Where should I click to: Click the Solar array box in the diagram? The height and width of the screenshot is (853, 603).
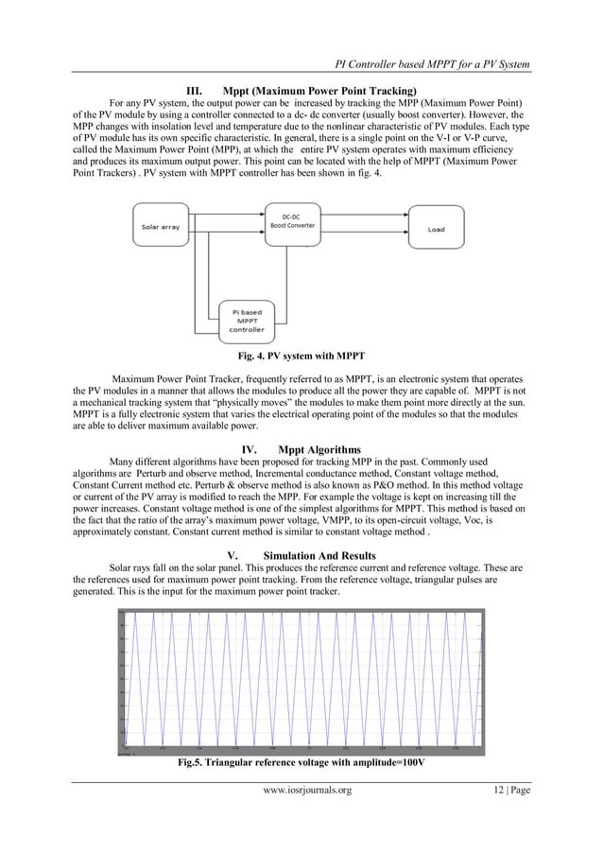pos(164,228)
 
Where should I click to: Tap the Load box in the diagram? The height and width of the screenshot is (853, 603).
pos(436,228)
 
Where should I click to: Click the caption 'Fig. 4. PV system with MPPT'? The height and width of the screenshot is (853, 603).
pos(301,357)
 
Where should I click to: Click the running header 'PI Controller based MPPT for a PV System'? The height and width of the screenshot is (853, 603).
pos(432,63)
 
